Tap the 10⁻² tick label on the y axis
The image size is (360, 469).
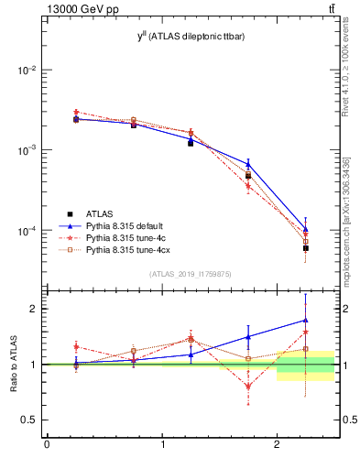tap(27, 71)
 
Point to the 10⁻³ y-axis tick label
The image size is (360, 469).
tap(27, 150)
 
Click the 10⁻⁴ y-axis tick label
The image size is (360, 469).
tap(27, 231)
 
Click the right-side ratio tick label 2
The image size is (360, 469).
tap(346, 309)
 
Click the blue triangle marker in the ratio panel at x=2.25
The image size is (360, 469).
tap(305, 321)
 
